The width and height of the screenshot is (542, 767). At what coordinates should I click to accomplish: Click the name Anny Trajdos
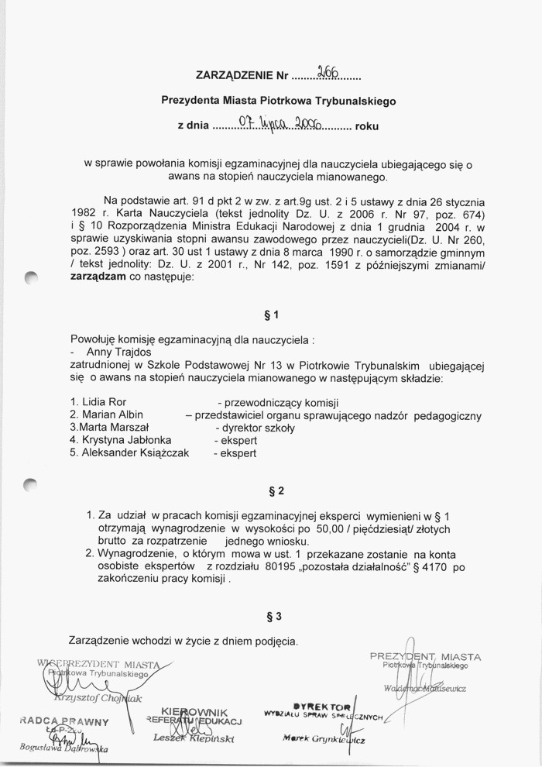(x=119, y=353)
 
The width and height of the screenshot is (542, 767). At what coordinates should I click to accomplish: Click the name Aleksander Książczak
(x=129, y=452)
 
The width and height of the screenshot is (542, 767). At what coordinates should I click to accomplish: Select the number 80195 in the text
(x=279, y=567)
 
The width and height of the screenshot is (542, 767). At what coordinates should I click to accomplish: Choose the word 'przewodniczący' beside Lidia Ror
(x=260, y=403)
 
